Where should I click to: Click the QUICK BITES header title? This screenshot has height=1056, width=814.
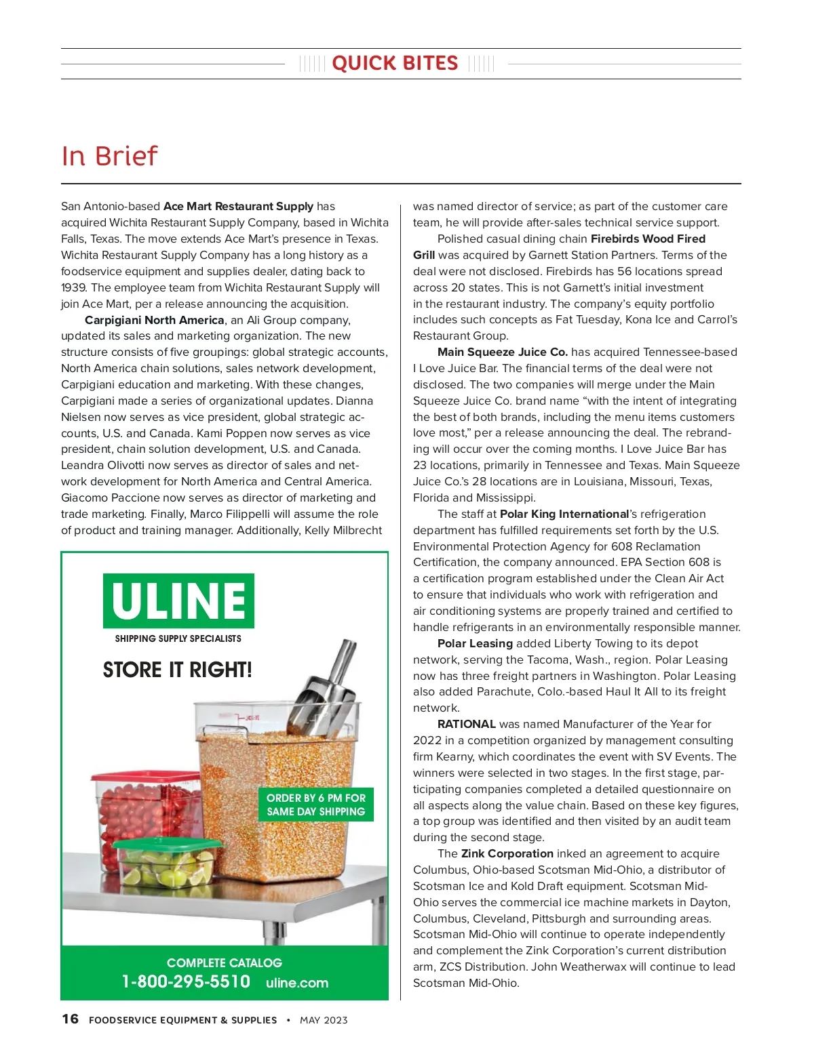[395, 64]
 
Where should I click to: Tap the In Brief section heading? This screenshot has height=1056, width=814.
[109, 156]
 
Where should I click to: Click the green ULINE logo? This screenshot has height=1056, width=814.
[178, 601]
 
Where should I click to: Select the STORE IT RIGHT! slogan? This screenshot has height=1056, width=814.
[177, 670]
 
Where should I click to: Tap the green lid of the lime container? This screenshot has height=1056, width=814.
[167, 845]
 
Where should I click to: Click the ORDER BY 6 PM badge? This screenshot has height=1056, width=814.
[315, 805]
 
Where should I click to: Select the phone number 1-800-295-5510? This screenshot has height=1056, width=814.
[186, 981]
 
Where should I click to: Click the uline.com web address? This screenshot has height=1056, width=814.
[297, 983]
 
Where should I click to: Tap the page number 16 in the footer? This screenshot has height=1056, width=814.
[70, 1019]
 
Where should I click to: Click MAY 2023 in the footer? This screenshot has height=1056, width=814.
[324, 1020]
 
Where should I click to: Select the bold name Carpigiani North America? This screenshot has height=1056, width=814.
[154, 320]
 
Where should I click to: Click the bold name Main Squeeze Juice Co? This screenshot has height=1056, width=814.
[502, 352]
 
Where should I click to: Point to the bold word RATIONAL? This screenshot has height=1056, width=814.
[466, 724]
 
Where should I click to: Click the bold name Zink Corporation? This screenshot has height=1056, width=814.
[507, 853]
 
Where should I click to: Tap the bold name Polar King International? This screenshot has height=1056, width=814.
[564, 514]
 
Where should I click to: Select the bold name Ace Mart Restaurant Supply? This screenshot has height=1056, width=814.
[238, 206]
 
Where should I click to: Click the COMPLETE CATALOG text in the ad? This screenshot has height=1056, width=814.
[224, 962]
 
